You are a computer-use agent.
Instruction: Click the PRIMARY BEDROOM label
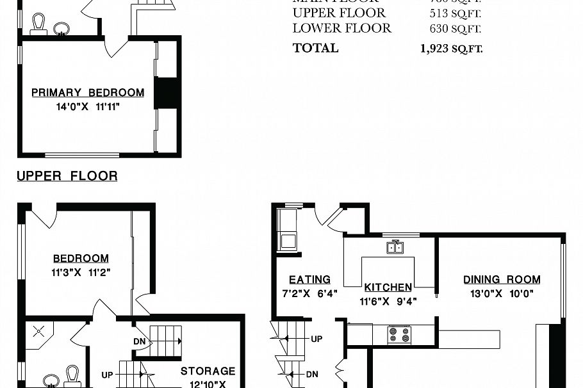(x=88, y=93)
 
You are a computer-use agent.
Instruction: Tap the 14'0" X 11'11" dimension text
(x=88, y=107)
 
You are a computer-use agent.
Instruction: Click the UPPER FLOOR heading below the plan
(x=67, y=176)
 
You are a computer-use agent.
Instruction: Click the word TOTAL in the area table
(x=315, y=48)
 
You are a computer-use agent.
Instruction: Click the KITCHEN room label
(x=388, y=287)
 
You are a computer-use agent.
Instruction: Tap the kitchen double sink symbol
(x=395, y=248)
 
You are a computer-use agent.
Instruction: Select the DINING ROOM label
(x=502, y=280)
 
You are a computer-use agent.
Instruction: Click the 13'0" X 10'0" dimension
(x=502, y=295)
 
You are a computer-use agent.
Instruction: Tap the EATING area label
(x=309, y=280)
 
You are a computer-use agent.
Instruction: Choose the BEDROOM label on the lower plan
(x=81, y=259)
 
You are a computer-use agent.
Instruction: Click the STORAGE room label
(x=208, y=371)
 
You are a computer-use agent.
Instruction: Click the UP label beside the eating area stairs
(x=316, y=338)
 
